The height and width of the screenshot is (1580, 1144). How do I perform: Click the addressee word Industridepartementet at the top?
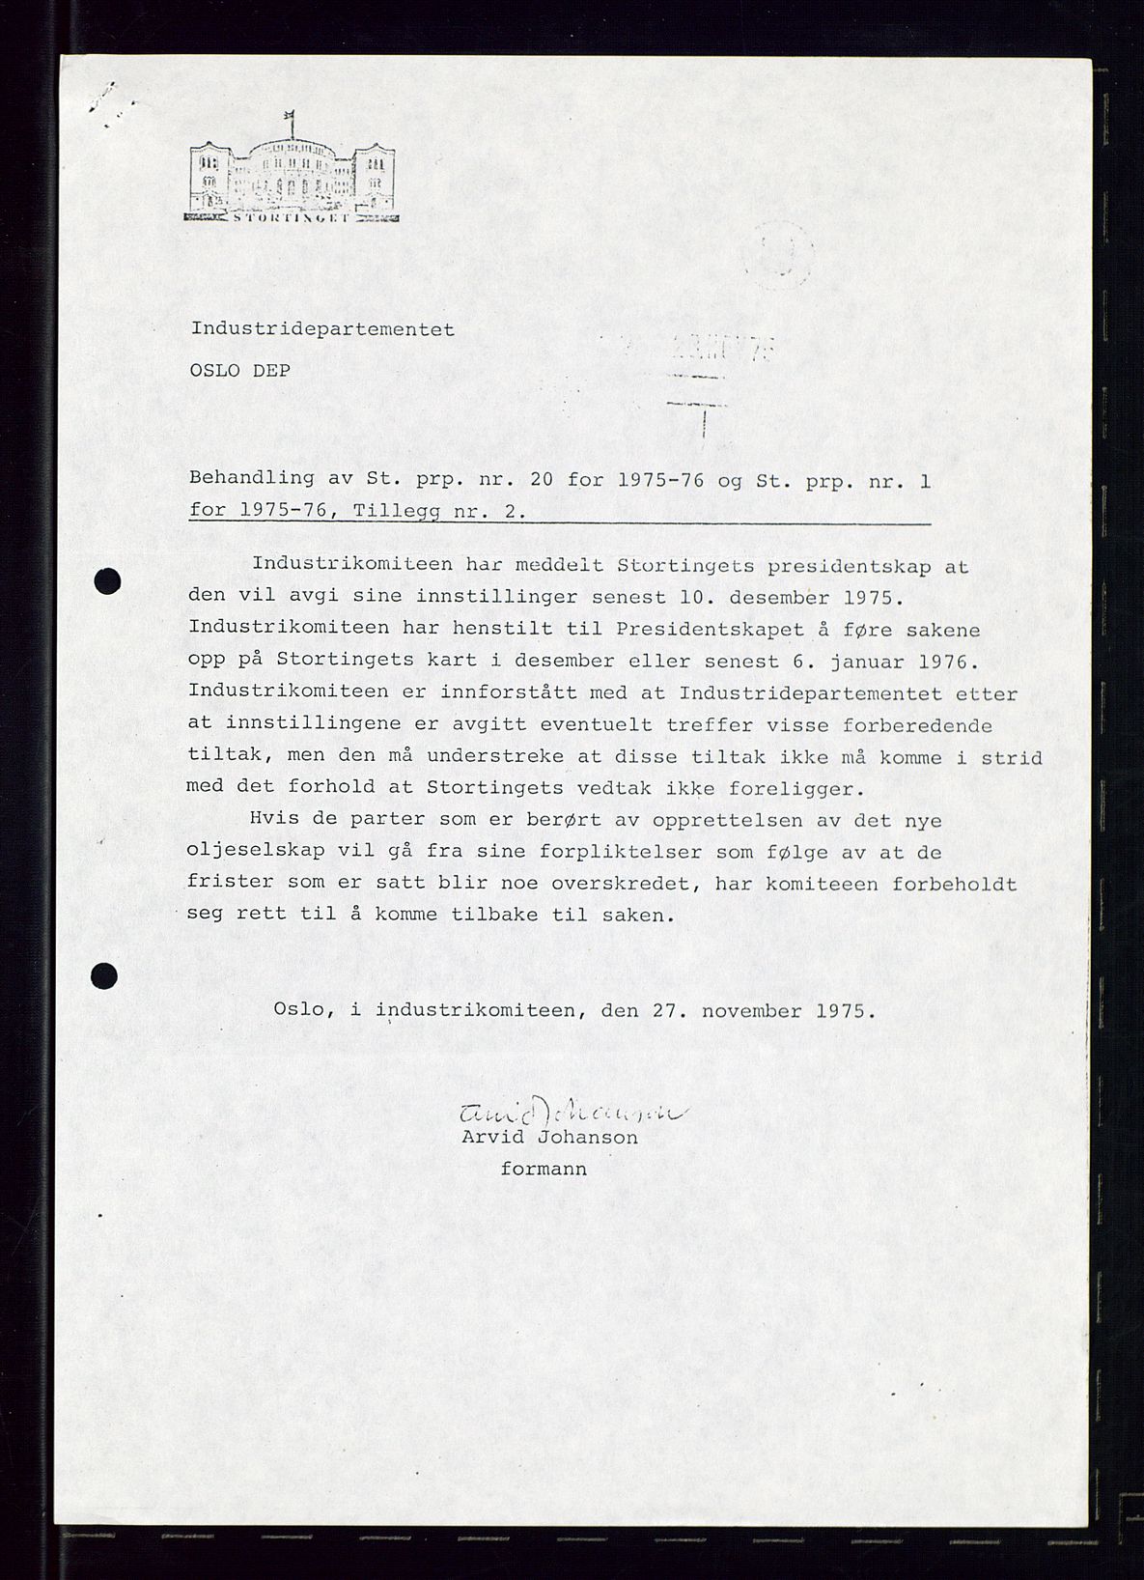(x=322, y=328)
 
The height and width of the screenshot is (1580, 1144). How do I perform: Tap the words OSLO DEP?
(x=240, y=369)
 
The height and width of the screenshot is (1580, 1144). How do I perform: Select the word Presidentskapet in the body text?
(x=689, y=629)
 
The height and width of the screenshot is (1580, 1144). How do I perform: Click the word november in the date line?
(x=750, y=1011)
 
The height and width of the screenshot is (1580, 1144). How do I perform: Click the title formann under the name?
(x=544, y=1169)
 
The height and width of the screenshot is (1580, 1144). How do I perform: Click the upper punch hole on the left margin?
(x=107, y=582)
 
